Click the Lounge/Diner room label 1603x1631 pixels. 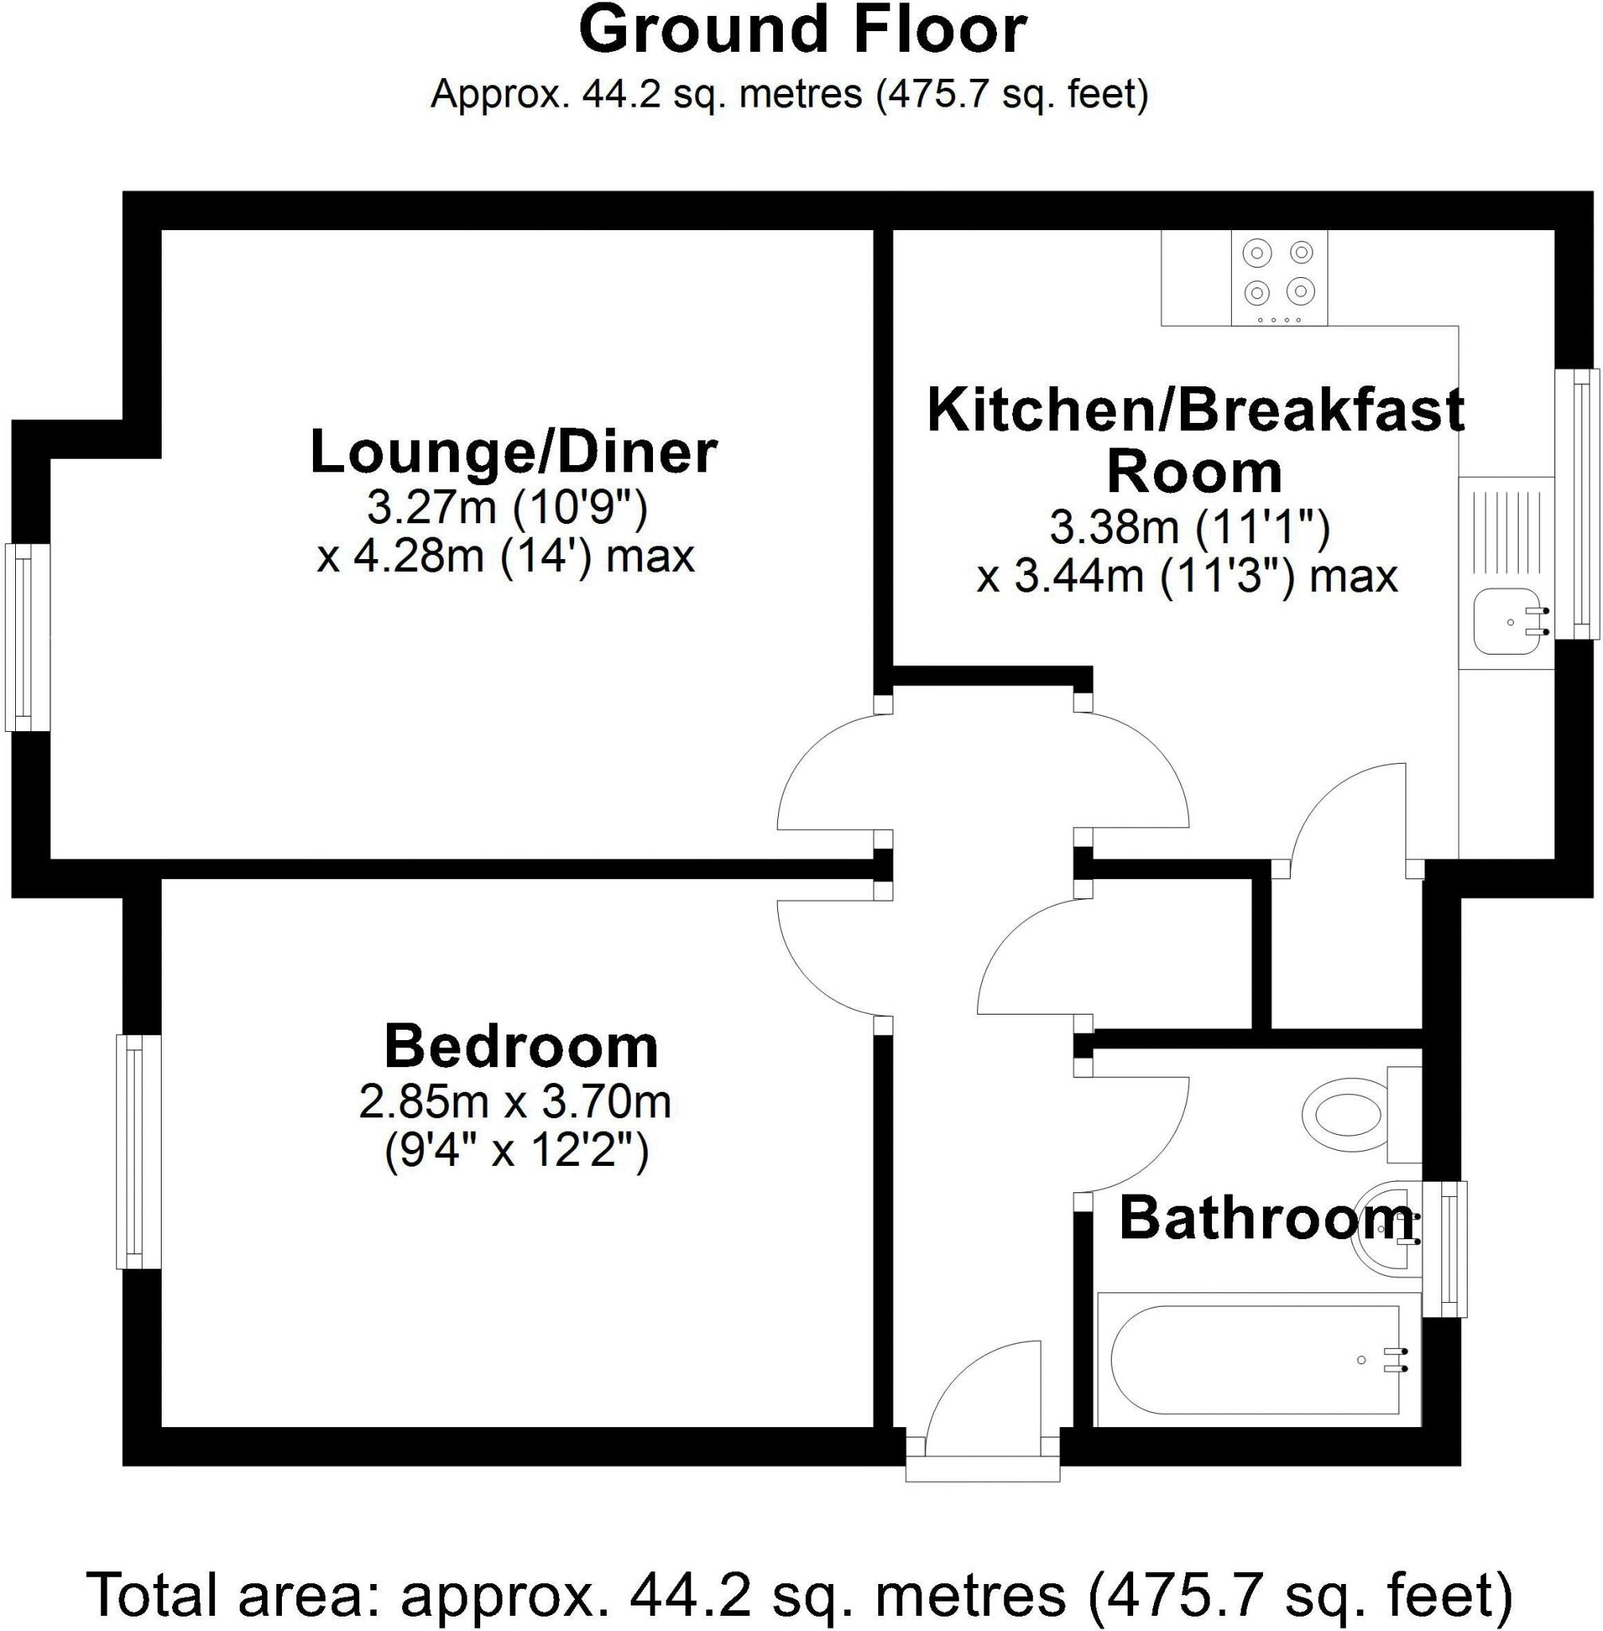click(514, 453)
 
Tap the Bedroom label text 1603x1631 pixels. click(521, 1046)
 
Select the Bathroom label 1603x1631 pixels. click(1265, 1218)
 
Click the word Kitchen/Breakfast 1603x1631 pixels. click(1195, 411)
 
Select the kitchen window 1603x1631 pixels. click(1575, 503)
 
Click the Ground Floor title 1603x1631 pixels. click(803, 32)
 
